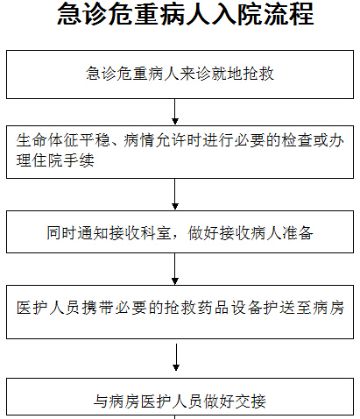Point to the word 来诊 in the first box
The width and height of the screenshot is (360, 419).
click(x=195, y=74)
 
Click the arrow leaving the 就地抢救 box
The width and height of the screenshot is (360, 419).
click(x=175, y=112)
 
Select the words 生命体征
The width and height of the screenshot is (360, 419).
click(x=47, y=140)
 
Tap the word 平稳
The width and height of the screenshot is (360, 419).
click(x=95, y=140)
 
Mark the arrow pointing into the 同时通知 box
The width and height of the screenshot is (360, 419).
click(x=175, y=195)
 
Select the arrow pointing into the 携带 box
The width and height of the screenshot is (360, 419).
click(x=175, y=269)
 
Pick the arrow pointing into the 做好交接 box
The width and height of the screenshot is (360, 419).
click(x=176, y=358)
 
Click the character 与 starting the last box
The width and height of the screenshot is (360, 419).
click(x=101, y=401)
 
